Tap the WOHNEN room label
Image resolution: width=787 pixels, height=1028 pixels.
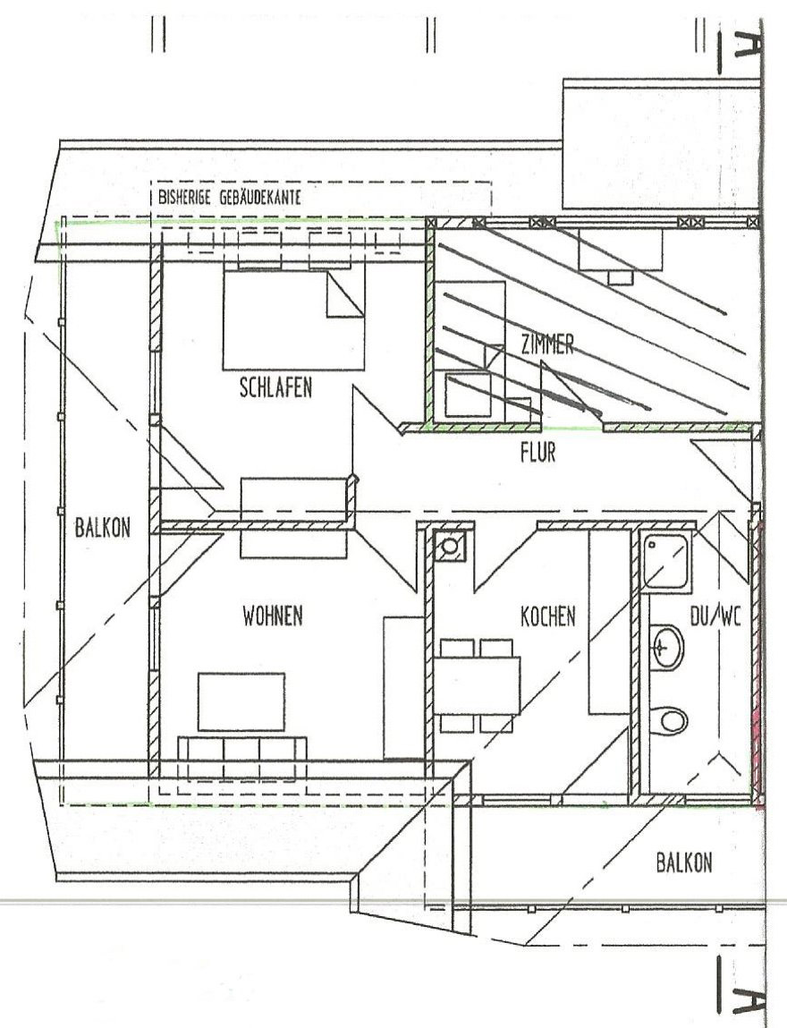(x=272, y=616)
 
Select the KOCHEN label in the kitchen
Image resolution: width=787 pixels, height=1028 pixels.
(x=547, y=616)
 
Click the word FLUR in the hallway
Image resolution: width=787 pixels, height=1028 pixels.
(x=537, y=454)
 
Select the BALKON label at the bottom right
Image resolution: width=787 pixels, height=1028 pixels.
(x=684, y=862)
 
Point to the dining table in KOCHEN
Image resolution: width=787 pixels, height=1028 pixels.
(x=478, y=685)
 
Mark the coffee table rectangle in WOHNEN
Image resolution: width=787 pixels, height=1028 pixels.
(x=241, y=701)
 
